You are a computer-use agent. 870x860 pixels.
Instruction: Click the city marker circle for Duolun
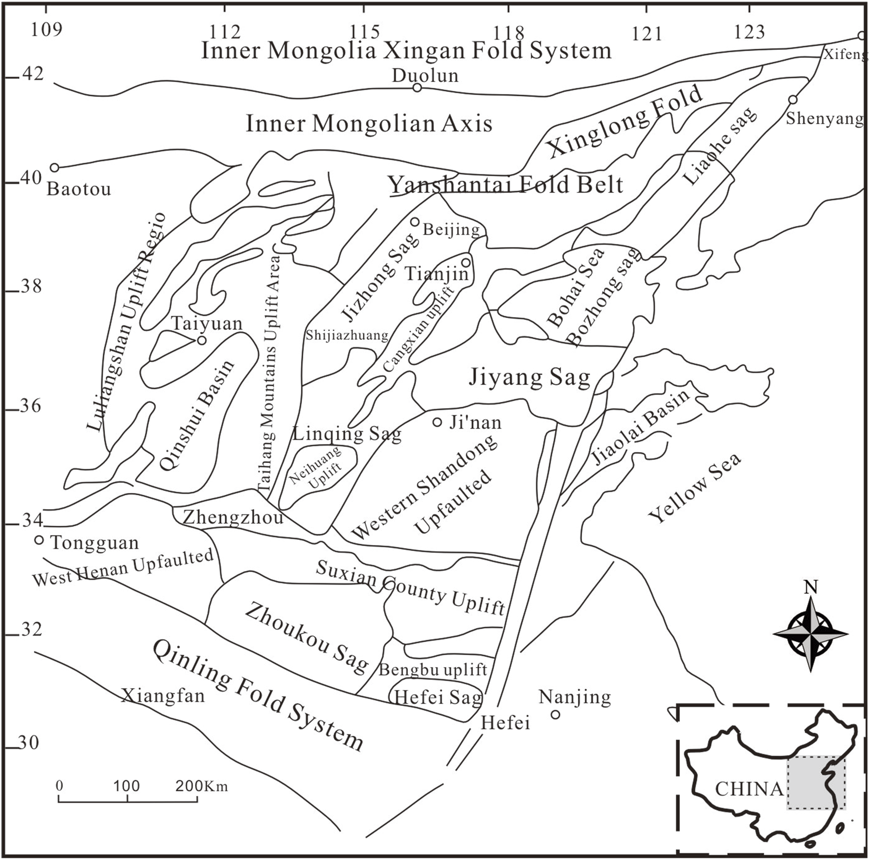coord(417,87)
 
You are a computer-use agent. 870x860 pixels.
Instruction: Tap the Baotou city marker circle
coord(54,168)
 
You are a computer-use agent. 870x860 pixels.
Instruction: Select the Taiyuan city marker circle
coord(201,340)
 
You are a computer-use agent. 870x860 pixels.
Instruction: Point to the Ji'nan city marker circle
coord(437,422)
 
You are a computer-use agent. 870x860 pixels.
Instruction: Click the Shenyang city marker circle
coord(792,100)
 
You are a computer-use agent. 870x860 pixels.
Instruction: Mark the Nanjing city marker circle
coord(555,715)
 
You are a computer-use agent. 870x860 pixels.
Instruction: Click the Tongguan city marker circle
coord(39,540)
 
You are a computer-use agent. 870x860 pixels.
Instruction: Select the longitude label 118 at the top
coord(509,33)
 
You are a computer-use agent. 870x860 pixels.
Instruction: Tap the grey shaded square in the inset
coord(816,782)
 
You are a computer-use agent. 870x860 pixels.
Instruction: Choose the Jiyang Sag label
coord(529,377)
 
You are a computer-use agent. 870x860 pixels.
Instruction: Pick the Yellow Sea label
coord(694,487)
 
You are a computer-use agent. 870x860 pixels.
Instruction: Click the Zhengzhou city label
coord(233,517)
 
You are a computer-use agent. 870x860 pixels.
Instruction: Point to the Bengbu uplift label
coord(433,670)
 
